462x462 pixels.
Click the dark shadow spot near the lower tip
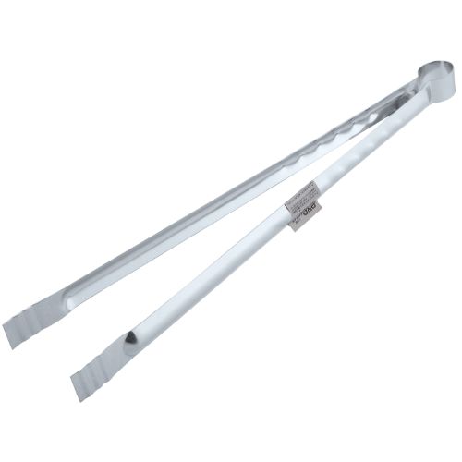pyautogui.click(x=135, y=338)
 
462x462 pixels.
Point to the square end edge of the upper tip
pyautogui.click(x=11, y=334)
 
